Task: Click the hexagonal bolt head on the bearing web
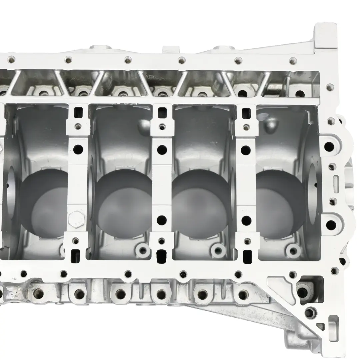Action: (76, 219)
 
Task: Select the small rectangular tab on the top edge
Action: (171, 50)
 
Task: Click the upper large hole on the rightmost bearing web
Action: (246, 150)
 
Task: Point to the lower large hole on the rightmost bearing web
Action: (246, 220)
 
